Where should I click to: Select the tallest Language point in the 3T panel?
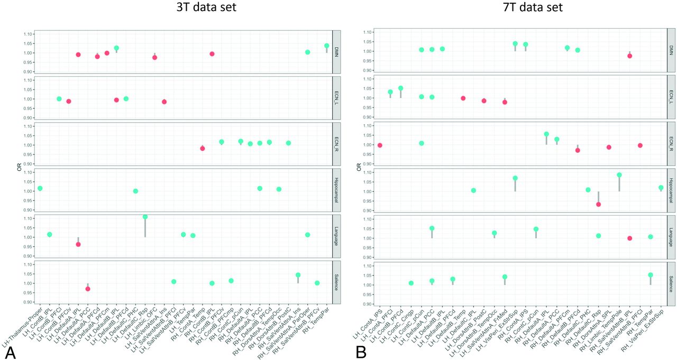(145, 217)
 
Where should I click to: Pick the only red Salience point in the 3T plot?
(88, 289)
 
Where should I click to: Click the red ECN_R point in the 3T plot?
(202, 149)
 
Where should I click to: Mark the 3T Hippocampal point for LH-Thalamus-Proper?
(40, 189)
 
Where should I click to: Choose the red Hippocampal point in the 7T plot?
(598, 204)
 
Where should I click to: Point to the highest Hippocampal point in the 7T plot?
(619, 175)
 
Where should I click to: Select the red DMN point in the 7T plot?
(629, 56)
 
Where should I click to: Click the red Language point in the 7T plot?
(629, 238)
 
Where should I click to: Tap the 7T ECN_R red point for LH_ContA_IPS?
(380, 145)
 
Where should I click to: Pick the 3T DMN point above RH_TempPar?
(326, 46)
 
